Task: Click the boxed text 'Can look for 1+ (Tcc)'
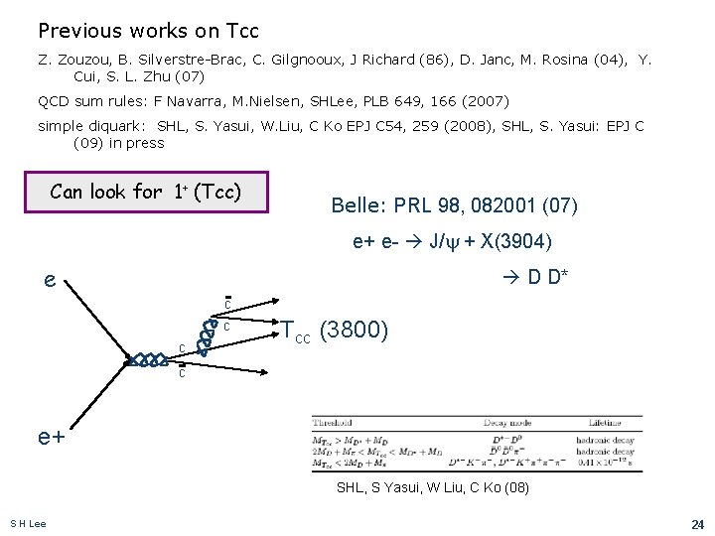pos(160,193)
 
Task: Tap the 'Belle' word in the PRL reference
pos(352,206)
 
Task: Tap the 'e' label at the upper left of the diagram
pos(50,280)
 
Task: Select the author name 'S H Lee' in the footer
pos(28,523)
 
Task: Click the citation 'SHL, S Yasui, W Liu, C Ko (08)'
pos(434,487)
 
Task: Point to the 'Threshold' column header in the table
pos(334,422)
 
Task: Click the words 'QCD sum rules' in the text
pos(82,100)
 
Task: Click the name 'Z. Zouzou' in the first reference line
pos(71,60)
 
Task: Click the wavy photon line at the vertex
pos(148,360)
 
